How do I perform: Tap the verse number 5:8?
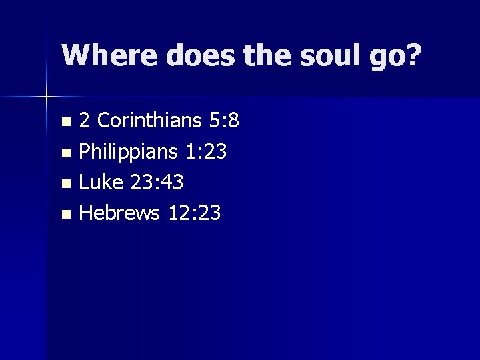pos(224,121)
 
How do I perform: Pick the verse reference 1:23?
pos(206,152)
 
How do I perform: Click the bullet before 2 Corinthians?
pos(65,122)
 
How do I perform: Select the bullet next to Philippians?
pos(65,153)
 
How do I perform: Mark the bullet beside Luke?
pos(65,184)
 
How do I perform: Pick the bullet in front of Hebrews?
pos(65,215)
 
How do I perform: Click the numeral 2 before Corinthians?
pos(85,121)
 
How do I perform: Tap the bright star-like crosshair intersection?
pos(47,97)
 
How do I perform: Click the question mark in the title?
pos(413,55)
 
